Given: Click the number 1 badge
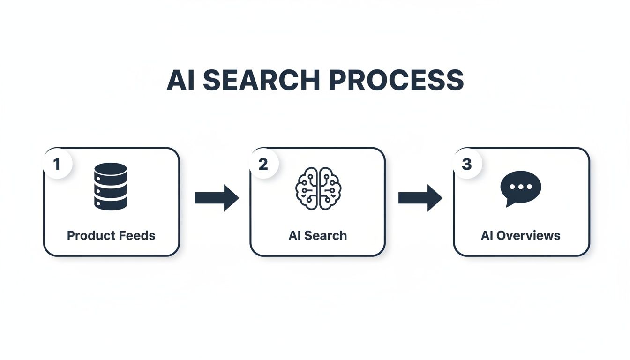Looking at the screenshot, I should click(x=57, y=165).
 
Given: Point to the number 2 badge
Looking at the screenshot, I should click(x=263, y=165).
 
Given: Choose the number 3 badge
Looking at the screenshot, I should click(x=467, y=165).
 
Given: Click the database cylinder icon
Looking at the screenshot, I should click(x=111, y=186).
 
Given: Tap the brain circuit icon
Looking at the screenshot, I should click(x=318, y=188).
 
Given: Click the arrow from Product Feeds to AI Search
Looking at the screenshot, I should click(x=217, y=198).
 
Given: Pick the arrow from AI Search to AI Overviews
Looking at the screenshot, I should click(x=420, y=198).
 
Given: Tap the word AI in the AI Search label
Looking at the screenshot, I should click(x=294, y=235).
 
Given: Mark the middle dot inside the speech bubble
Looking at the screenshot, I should click(x=521, y=186).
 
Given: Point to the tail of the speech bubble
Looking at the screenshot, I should click(x=508, y=203).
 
